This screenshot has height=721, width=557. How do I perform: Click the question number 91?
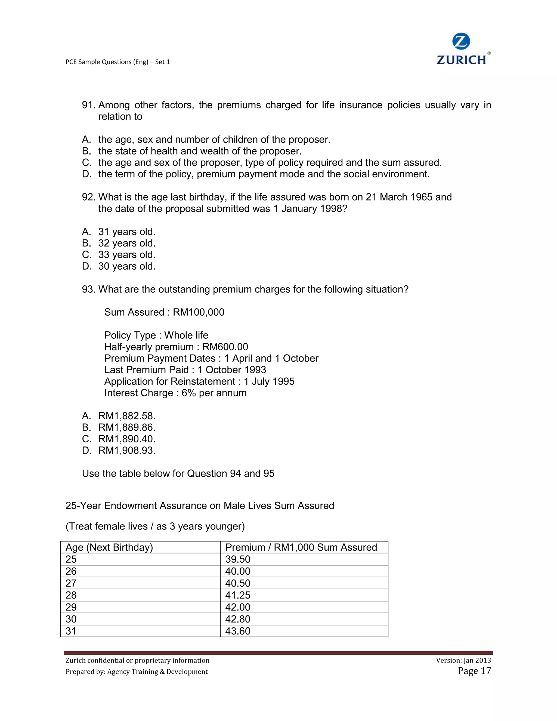tap(88, 105)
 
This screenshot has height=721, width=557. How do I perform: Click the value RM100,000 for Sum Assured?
tap(198, 312)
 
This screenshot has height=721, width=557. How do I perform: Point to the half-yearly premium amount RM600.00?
tap(225, 347)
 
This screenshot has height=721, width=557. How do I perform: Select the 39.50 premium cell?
tap(238, 559)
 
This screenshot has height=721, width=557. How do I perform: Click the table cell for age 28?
tap(71, 595)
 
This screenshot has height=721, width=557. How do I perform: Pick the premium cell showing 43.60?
tap(238, 631)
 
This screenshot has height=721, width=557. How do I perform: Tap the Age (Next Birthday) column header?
tap(109, 547)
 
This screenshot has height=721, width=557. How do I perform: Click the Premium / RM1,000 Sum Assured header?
tap(301, 547)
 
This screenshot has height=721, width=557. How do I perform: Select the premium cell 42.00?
tap(238, 607)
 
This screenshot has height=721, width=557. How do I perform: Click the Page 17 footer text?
tap(474, 671)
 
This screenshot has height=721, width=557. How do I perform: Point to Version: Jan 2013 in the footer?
tap(463, 660)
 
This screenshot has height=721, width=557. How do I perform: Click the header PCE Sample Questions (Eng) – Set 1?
tap(118, 62)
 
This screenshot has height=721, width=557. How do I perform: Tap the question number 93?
tap(88, 289)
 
